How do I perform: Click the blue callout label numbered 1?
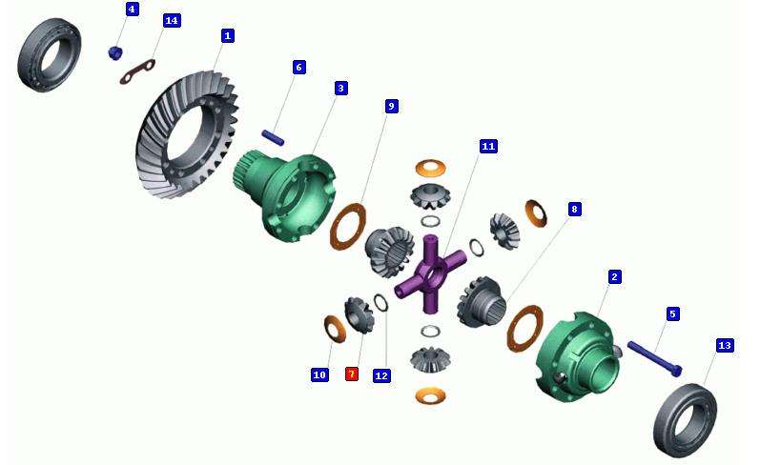(x=227, y=36)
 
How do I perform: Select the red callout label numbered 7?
(x=352, y=374)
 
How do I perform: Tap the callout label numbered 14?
(x=172, y=21)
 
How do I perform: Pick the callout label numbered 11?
(x=488, y=147)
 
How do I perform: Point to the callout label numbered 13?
(x=725, y=345)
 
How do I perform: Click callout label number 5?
(x=672, y=313)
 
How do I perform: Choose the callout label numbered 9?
(x=391, y=106)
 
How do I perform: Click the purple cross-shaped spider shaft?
(x=429, y=273)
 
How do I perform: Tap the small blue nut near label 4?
(x=114, y=52)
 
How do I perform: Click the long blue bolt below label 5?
(x=654, y=359)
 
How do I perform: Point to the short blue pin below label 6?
(x=273, y=137)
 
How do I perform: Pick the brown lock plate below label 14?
(x=137, y=71)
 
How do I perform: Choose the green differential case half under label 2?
(x=577, y=356)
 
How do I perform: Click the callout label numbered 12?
(x=381, y=375)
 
